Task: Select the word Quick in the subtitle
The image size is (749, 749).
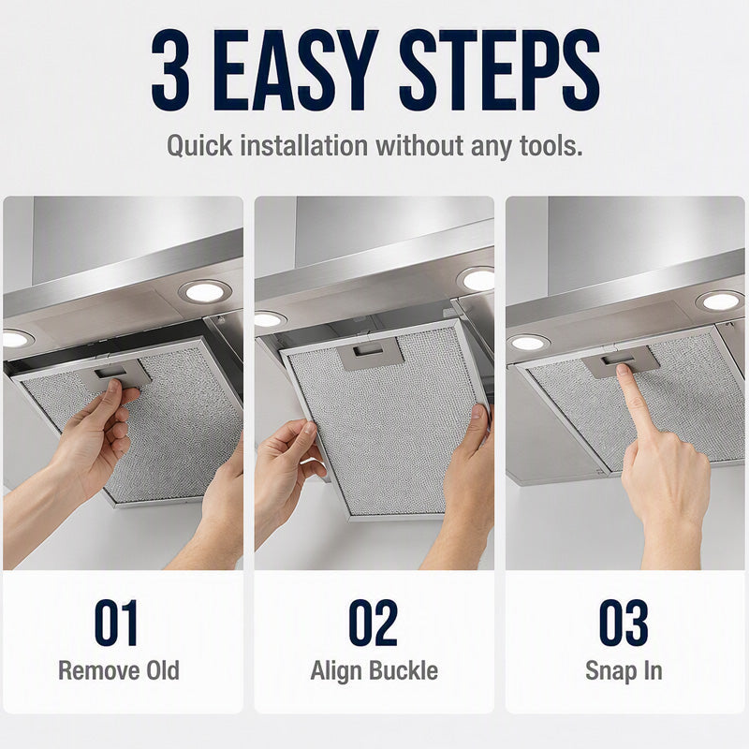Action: (x=199, y=145)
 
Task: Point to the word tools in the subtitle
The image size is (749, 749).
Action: (x=551, y=145)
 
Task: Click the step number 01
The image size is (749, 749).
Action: (x=116, y=623)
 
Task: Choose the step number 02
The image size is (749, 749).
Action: (x=373, y=623)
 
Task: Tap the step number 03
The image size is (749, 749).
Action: (x=624, y=623)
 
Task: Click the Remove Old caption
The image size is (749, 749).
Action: (x=119, y=670)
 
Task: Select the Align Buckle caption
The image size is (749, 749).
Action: (x=374, y=670)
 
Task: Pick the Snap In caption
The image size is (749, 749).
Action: (x=624, y=670)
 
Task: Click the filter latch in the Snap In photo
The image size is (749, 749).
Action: (x=620, y=360)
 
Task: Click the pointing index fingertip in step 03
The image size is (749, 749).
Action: (x=624, y=372)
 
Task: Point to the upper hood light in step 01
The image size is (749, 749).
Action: (x=204, y=292)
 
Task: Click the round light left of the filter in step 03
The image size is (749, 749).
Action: (x=528, y=343)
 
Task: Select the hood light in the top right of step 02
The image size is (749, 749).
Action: (x=477, y=279)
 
